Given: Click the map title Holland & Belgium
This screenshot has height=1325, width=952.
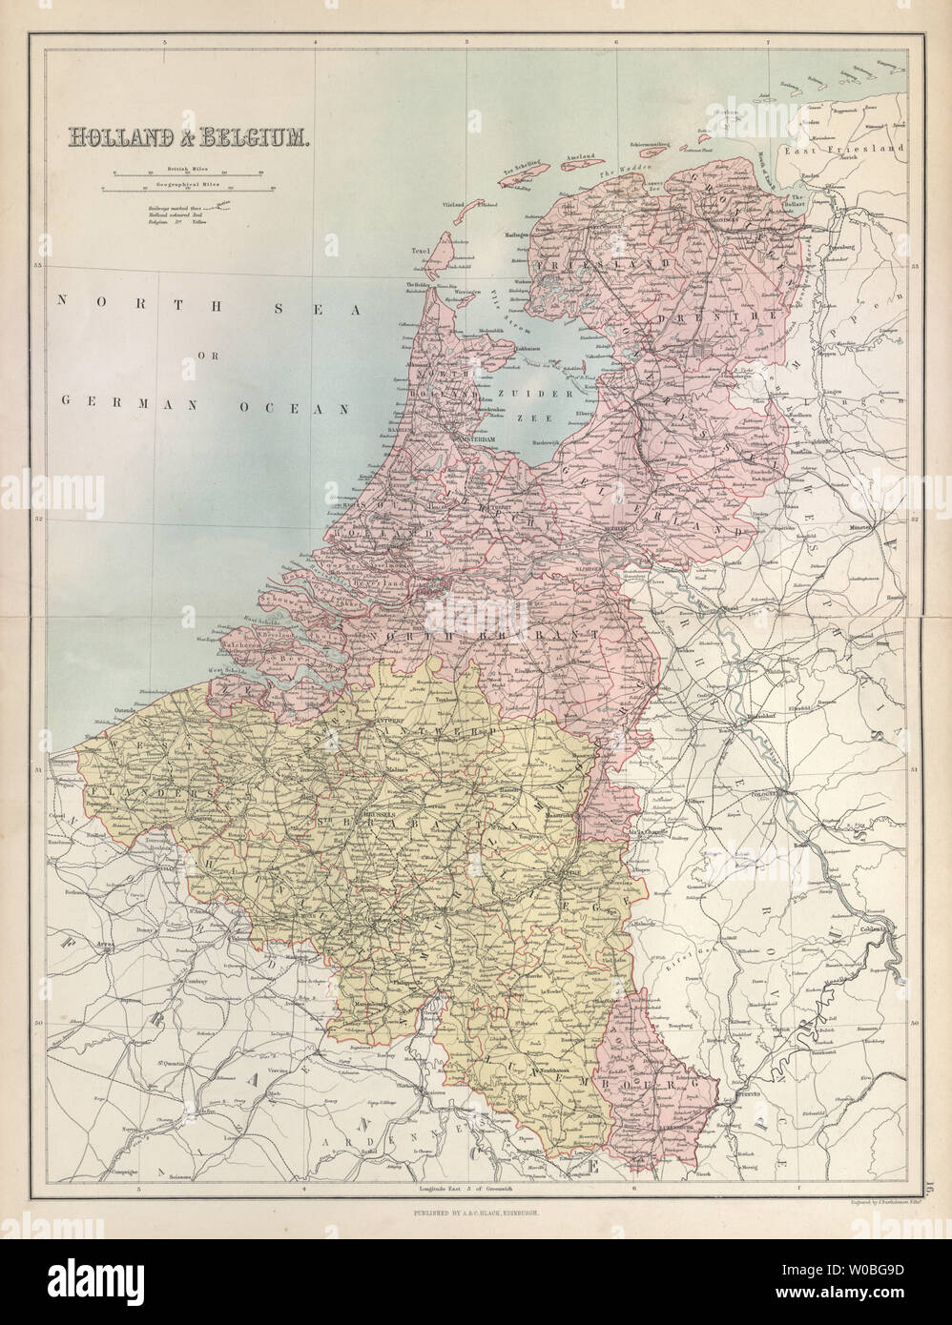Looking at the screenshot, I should pyautogui.click(x=187, y=137).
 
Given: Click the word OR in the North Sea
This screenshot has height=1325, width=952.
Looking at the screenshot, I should pyautogui.click(x=202, y=357).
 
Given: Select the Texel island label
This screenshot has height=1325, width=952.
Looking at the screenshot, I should pyautogui.click(x=423, y=251).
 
